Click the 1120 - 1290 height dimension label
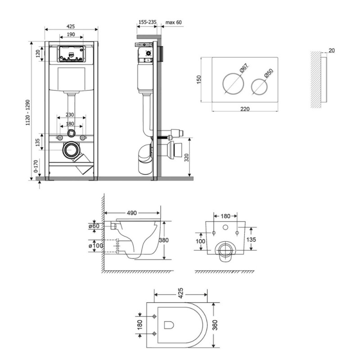click(28, 112)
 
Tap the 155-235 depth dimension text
click(148, 22)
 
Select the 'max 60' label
click(173, 22)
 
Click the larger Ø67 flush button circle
click(233, 84)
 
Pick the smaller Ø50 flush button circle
click(259, 86)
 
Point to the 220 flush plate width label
click(245, 109)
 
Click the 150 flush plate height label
click(199, 80)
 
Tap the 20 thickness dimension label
click(332, 50)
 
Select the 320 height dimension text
click(186, 158)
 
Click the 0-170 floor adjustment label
click(36, 166)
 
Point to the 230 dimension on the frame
click(70, 115)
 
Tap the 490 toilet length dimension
click(132, 213)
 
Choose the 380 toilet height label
click(163, 240)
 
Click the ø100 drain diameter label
click(96, 245)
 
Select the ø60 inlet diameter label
click(94, 226)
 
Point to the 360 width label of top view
click(215, 325)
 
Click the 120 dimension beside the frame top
click(38, 54)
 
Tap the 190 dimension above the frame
click(71, 34)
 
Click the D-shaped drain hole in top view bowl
click(169, 325)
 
